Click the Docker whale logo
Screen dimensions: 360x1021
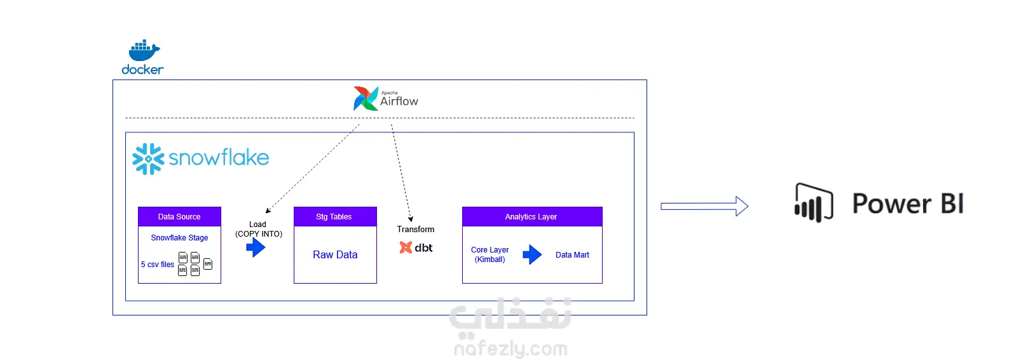click(x=144, y=51)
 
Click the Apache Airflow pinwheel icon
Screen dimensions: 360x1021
click(x=366, y=99)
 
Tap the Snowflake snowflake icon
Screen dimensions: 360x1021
click(x=148, y=158)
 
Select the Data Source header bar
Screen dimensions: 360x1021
click(x=179, y=217)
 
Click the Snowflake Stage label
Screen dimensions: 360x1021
click(x=179, y=238)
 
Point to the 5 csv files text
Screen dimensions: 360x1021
click(x=158, y=265)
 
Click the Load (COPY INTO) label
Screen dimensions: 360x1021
click(x=258, y=229)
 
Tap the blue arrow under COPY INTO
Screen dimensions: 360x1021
click(x=256, y=247)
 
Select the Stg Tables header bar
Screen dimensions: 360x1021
click(x=334, y=217)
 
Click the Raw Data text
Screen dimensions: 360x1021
click(x=335, y=254)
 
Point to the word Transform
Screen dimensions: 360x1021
click(x=416, y=229)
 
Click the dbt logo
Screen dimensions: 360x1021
click(x=416, y=247)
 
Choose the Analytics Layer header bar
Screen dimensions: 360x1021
click(x=531, y=217)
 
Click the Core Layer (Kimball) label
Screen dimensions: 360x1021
click(x=490, y=254)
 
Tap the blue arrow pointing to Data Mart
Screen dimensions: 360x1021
click(x=532, y=255)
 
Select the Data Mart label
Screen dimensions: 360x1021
click(x=572, y=255)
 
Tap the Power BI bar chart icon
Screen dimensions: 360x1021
click(x=813, y=203)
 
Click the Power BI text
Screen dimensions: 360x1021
click(x=908, y=204)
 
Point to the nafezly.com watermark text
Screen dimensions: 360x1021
click(x=510, y=349)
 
